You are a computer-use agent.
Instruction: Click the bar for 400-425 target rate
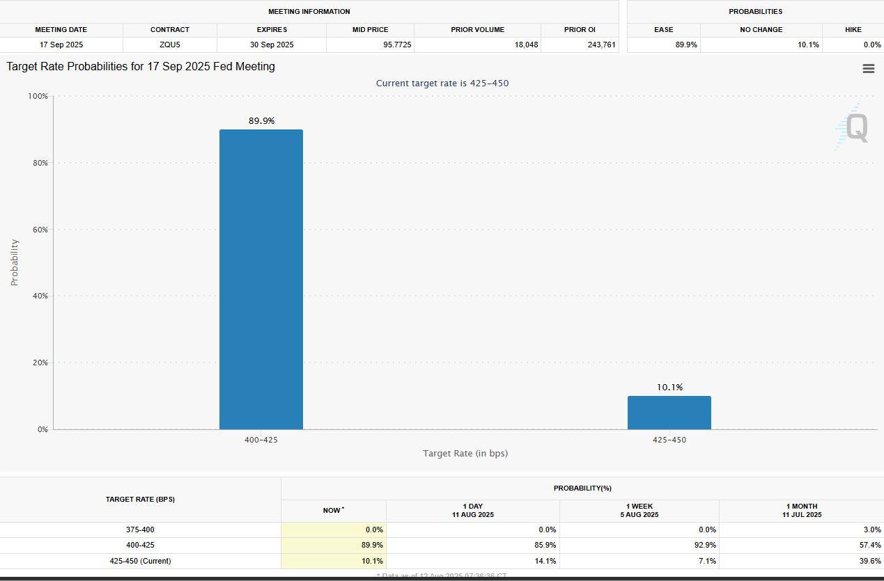(x=261, y=279)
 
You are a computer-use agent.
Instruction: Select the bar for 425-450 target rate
(x=669, y=413)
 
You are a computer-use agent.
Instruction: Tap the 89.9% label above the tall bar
(x=261, y=120)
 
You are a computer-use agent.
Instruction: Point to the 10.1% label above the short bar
(x=669, y=387)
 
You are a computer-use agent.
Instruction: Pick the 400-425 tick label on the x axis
(x=261, y=440)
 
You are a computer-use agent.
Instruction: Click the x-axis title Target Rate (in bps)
(x=465, y=453)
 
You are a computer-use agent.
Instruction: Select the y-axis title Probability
(x=15, y=262)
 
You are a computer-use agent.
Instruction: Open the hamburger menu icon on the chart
(x=868, y=68)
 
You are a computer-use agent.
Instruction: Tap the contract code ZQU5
(x=170, y=45)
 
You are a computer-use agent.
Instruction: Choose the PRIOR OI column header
(x=580, y=30)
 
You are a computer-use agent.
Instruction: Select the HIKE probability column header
(x=853, y=30)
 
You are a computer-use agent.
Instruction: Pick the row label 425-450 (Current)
(x=140, y=560)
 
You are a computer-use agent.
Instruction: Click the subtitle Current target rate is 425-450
(x=442, y=83)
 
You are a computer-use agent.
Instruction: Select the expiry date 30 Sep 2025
(x=272, y=45)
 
